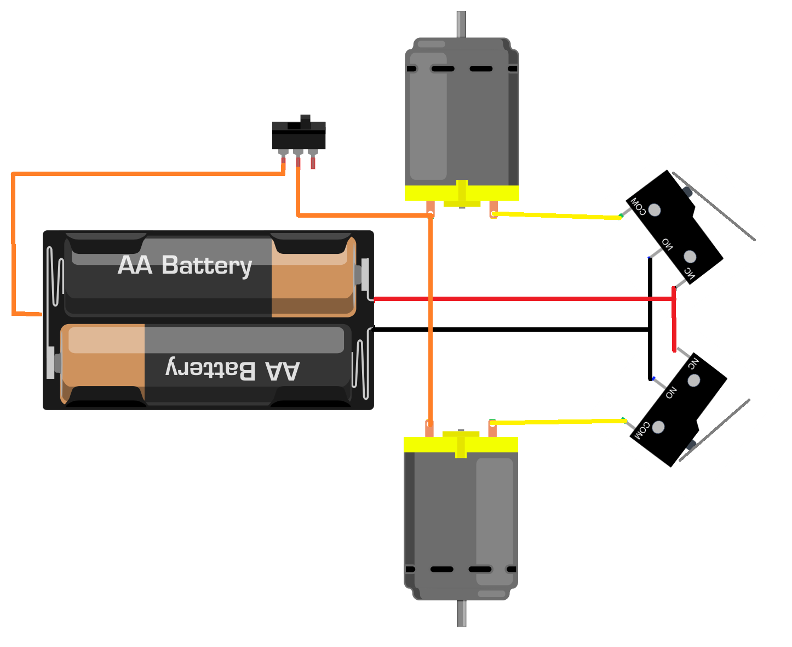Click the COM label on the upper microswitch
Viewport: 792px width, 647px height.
(x=638, y=206)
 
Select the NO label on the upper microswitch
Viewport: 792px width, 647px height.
(x=667, y=243)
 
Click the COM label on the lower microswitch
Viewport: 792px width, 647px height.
(x=640, y=430)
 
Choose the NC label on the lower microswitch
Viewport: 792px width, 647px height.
(x=693, y=363)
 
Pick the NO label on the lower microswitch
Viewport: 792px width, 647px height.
(x=671, y=392)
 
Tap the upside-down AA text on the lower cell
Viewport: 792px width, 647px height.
(x=283, y=371)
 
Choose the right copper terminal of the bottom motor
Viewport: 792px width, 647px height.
(x=492, y=429)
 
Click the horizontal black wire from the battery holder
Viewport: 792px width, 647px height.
(x=509, y=330)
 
